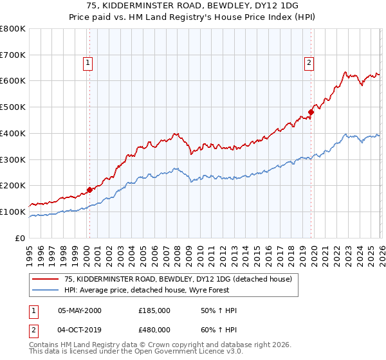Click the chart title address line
click(x=193, y=6)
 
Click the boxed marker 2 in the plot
click(x=309, y=62)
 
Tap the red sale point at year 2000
click(x=89, y=190)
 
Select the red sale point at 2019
click(x=311, y=112)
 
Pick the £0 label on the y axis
click(x=21, y=238)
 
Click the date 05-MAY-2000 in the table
click(x=80, y=310)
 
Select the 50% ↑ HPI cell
click(x=218, y=310)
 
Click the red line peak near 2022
click(x=345, y=72)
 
